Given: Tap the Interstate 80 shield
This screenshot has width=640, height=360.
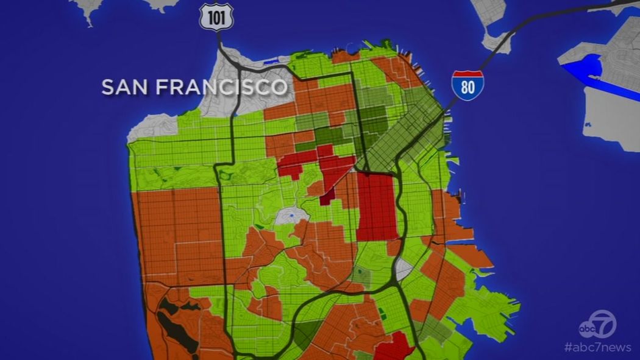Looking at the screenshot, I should pos(468,85).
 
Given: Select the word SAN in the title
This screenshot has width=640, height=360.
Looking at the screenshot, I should pos(124,86).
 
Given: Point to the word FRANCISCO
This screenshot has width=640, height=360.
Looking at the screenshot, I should pos(220,86).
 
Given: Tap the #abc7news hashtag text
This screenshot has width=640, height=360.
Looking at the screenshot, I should pos(597,347).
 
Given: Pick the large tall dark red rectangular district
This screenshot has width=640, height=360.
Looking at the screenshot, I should pos(376,207).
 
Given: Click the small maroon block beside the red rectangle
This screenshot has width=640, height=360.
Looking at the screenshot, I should pos(327,196).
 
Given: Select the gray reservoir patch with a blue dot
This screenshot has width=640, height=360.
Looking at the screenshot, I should pos(290,216).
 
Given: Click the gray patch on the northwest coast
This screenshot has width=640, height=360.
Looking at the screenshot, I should pos(152,127).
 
